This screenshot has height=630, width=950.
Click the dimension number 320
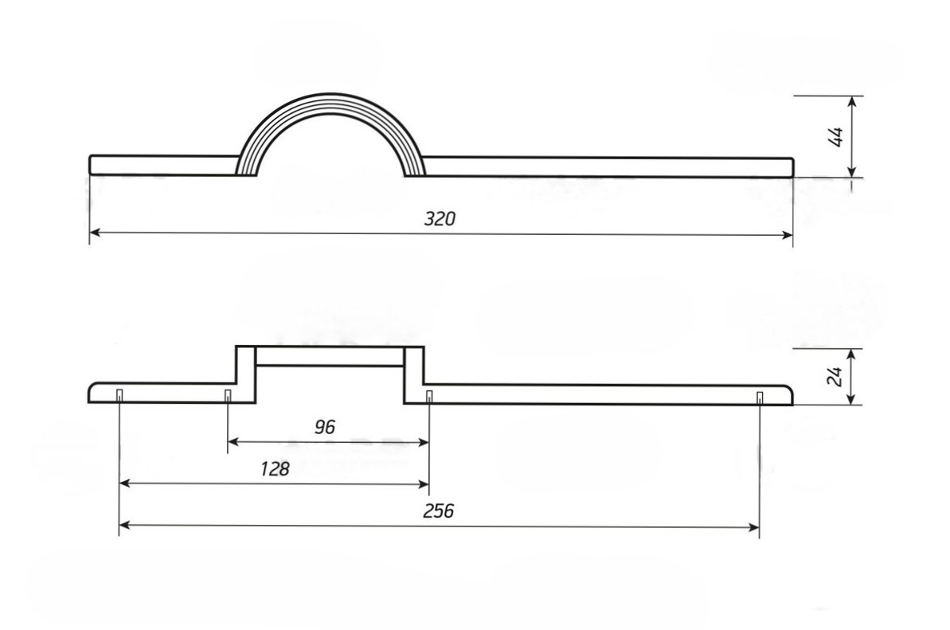click(439, 218)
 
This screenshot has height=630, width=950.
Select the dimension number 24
click(835, 376)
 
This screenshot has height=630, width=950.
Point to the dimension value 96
click(325, 427)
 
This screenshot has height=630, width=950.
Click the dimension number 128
click(275, 468)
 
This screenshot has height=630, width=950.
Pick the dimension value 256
click(438, 511)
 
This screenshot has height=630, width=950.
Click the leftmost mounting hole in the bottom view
click(119, 396)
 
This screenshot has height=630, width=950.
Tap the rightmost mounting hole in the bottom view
click(760, 397)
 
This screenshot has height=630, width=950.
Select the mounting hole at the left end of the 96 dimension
click(228, 396)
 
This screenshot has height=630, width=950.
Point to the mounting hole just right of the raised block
click(429, 397)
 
